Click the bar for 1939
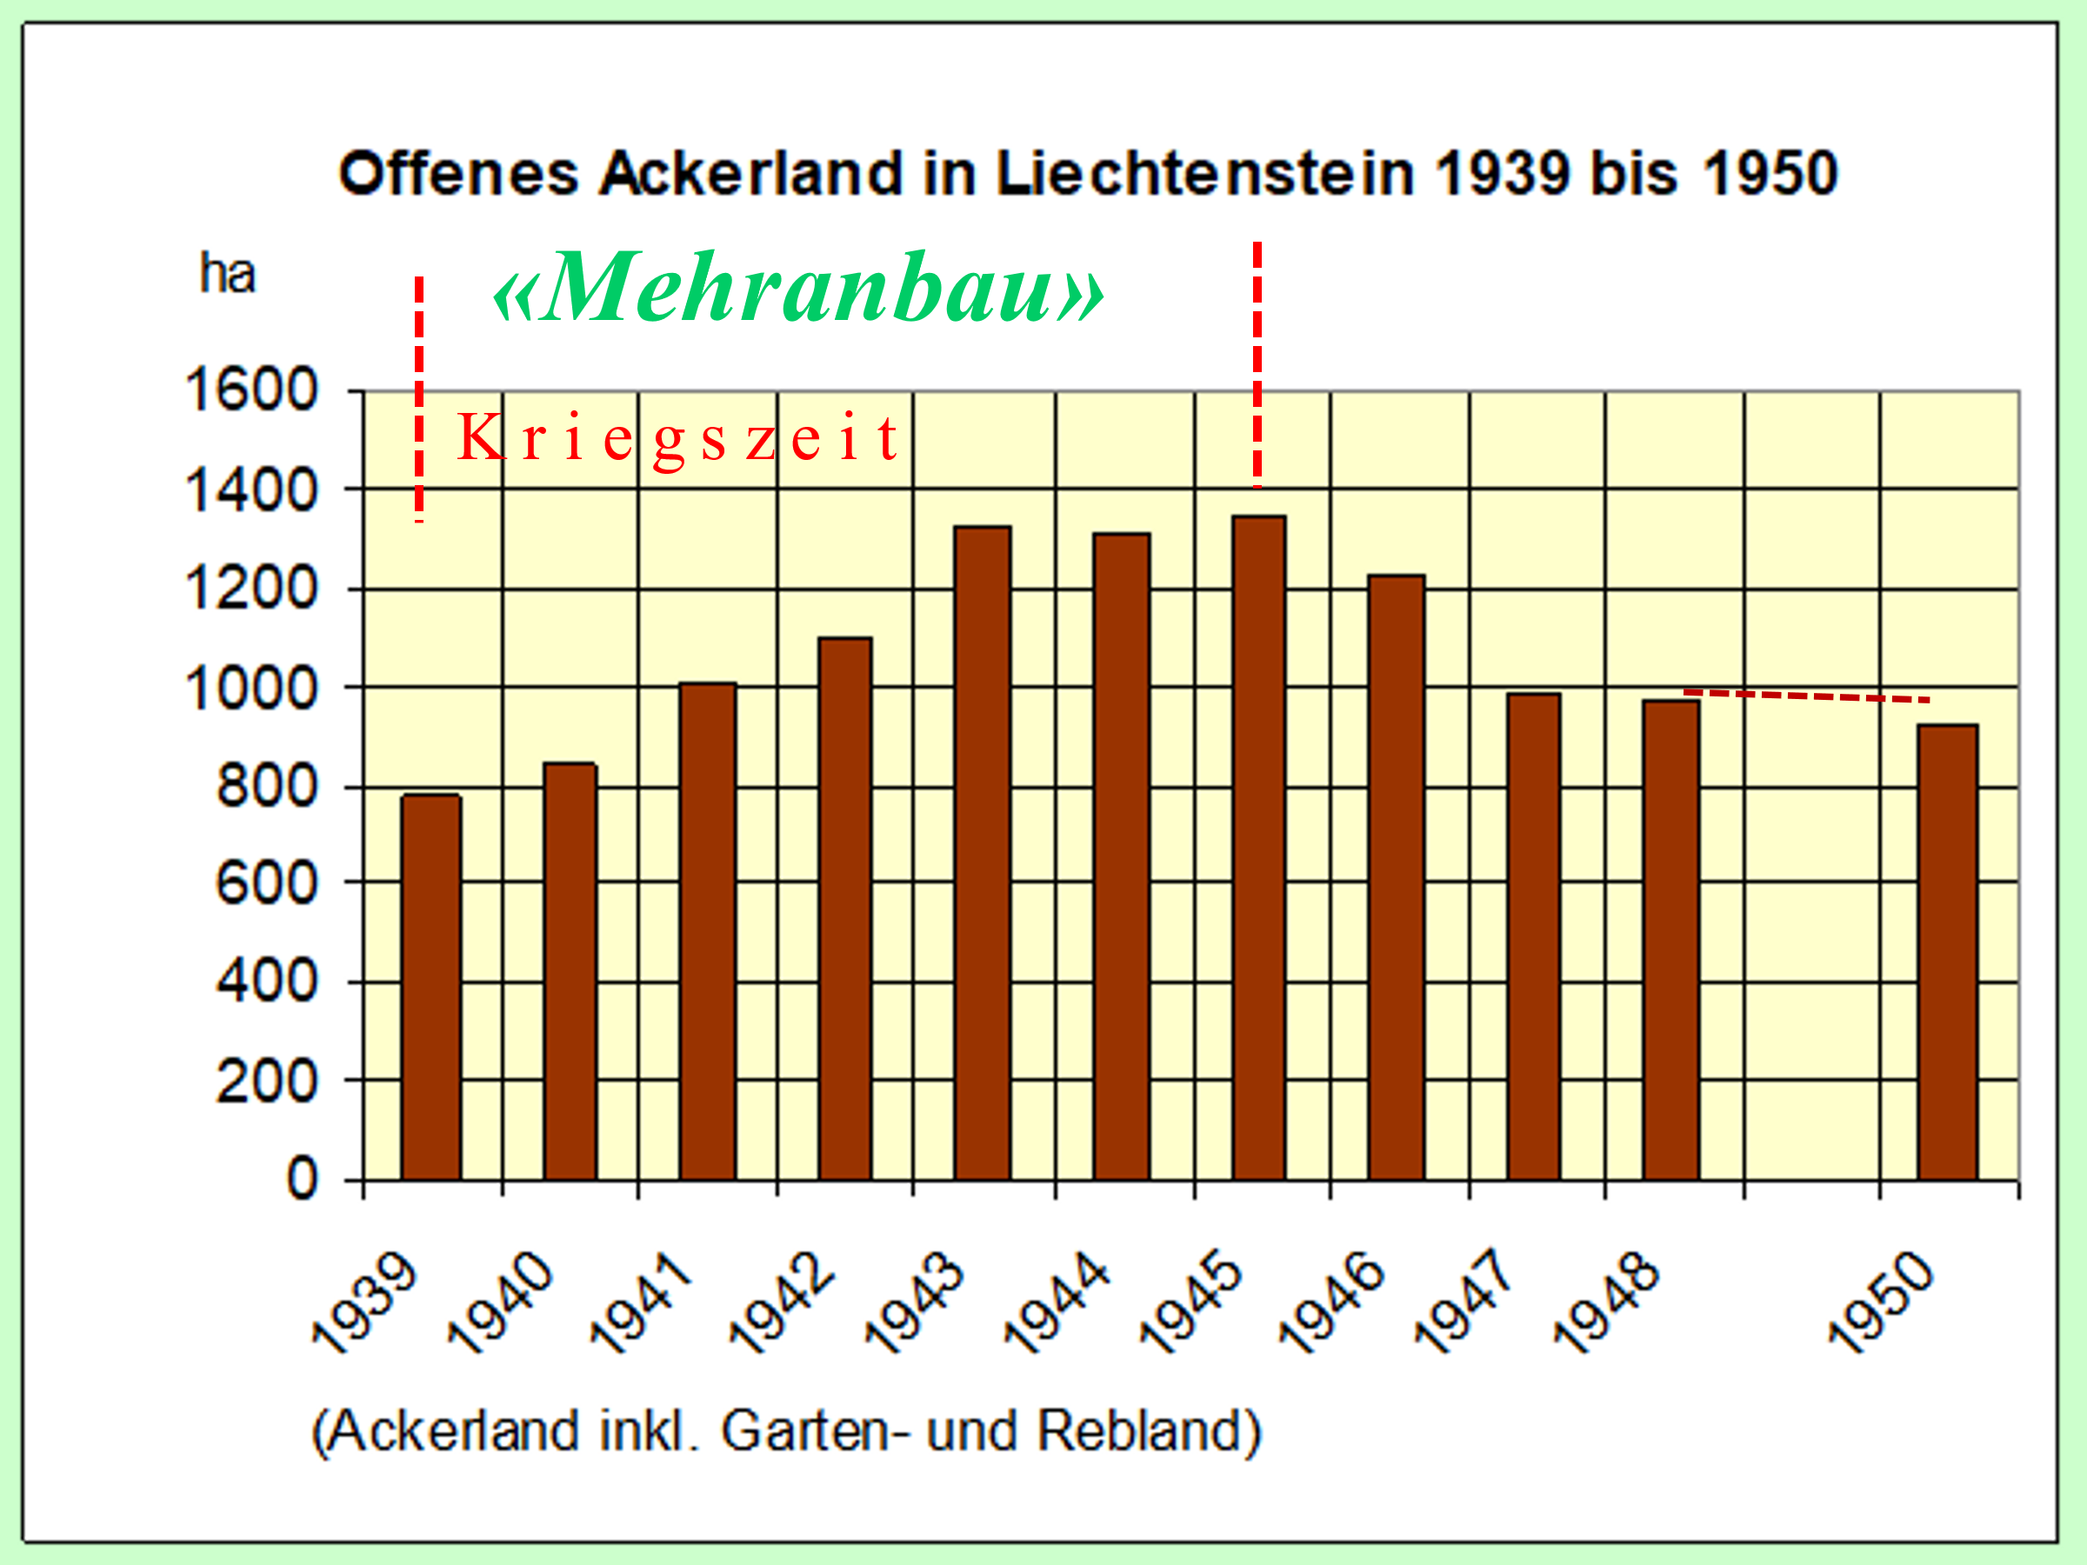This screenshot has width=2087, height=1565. [x=431, y=986]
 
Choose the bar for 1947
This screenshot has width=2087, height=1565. [x=1533, y=936]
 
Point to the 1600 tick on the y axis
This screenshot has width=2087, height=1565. [x=252, y=390]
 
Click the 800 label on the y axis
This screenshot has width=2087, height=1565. [x=267, y=786]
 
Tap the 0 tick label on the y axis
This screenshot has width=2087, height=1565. [x=302, y=1179]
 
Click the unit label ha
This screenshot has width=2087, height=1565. [x=227, y=275]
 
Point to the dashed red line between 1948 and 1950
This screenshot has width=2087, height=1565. [x=1806, y=696]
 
